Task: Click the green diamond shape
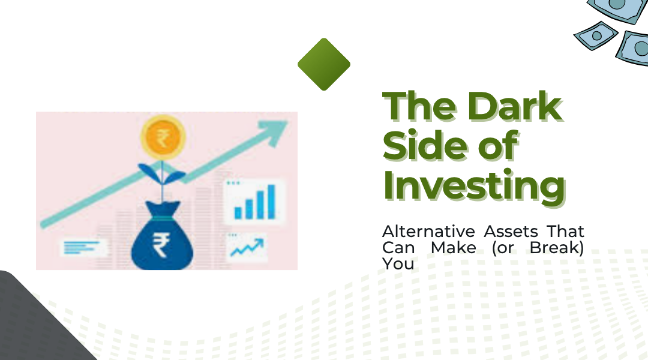point(324,64)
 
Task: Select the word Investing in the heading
point(475,185)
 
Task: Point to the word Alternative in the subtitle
point(428,232)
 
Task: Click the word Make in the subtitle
point(454,248)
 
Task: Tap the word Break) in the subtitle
point(557,248)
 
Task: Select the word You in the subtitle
point(398,263)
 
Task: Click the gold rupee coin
point(163,137)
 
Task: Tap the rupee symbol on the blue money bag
point(161,245)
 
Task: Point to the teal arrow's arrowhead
point(274,132)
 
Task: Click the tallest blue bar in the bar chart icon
point(271,201)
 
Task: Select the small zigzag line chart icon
point(247,247)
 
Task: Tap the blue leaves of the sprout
point(161,173)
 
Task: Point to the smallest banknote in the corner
point(596,36)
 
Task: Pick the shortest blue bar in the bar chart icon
point(238,212)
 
